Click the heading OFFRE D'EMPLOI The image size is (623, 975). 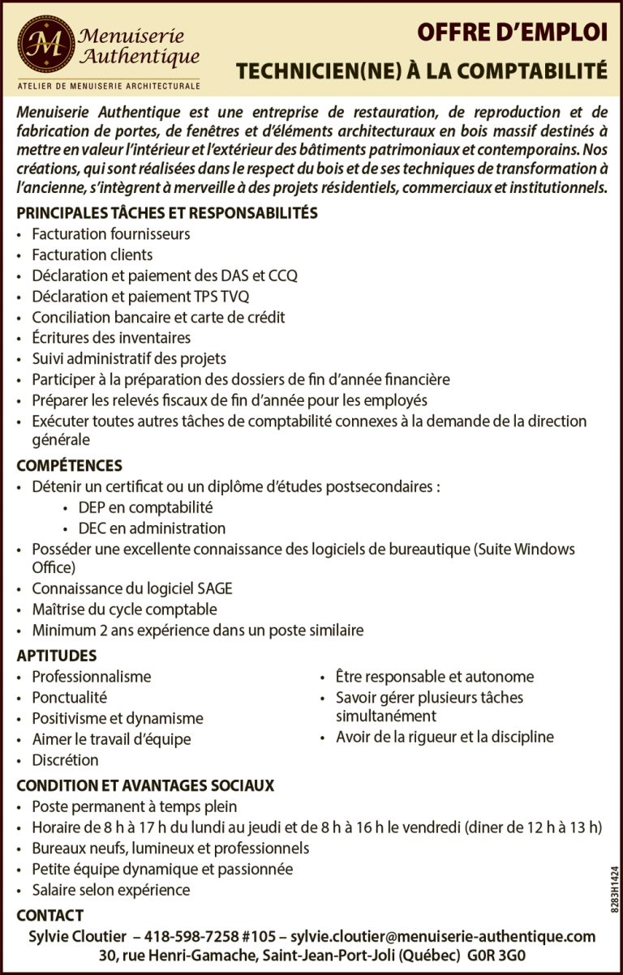pyautogui.click(x=511, y=32)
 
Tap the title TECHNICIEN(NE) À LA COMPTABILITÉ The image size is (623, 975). pyautogui.click(x=421, y=72)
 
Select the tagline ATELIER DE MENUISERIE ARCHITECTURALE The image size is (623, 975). pyautogui.click(x=108, y=85)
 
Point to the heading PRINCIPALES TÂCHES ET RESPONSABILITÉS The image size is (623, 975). pyautogui.click(x=166, y=213)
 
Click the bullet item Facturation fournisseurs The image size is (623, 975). pyautogui.click(x=111, y=234)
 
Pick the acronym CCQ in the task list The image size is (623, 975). pyautogui.click(x=282, y=276)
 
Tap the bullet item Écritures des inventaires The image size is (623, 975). pyautogui.click(x=111, y=338)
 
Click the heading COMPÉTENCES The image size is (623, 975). pyautogui.click(x=70, y=465)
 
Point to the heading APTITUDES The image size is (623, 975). pyautogui.click(x=57, y=656)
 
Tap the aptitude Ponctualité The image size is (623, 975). pyautogui.click(x=70, y=697)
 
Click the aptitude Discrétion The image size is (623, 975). pyautogui.click(x=66, y=760)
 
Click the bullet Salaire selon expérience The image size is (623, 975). pyautogui.click(x=111, y=890)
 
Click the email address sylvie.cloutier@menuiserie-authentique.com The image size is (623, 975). pyautogui.click(x=443, y=936)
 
